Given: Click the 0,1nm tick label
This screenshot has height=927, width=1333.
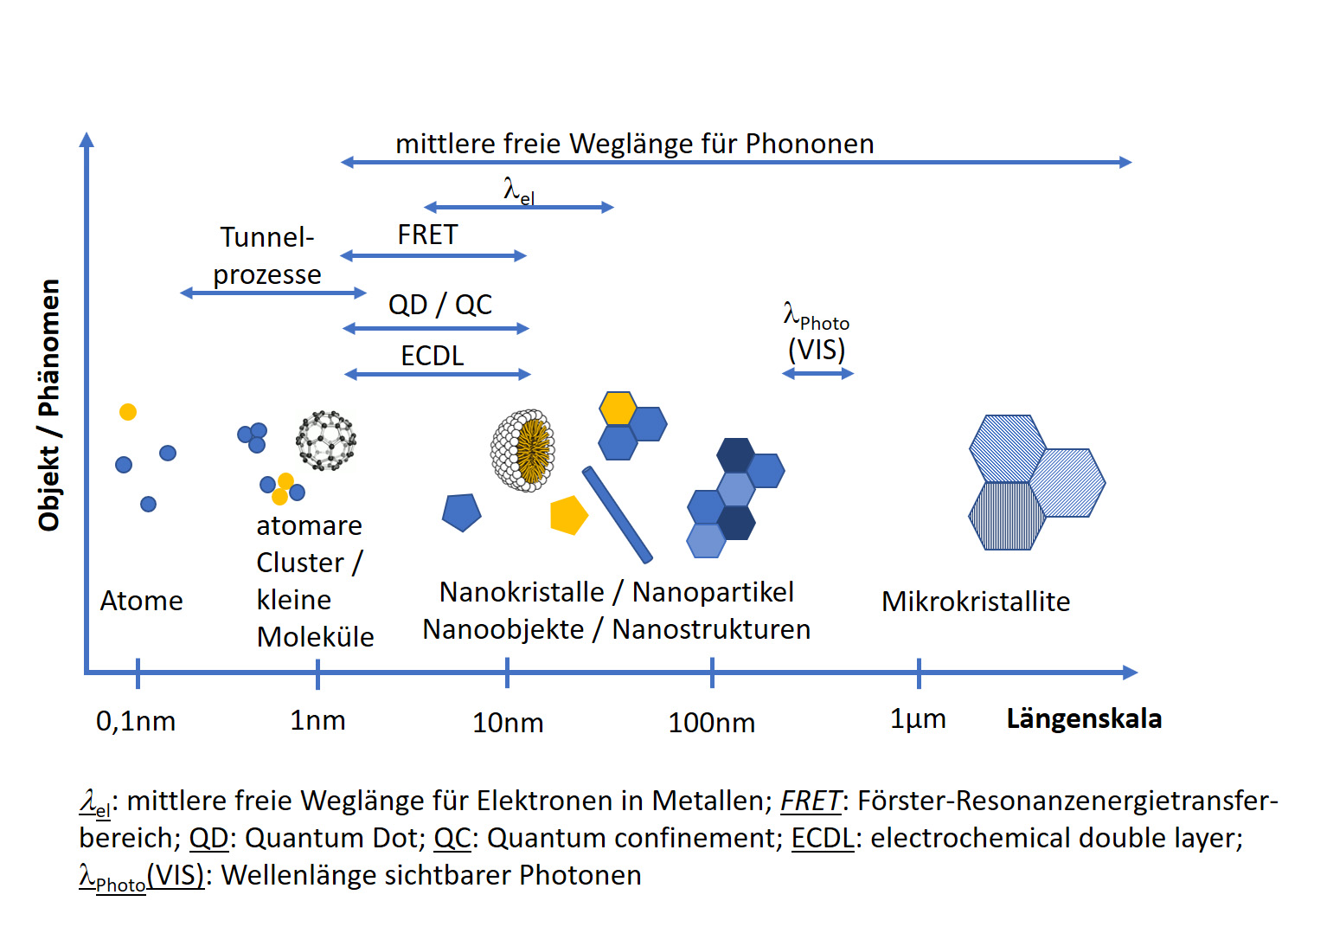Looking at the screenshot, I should [136, 720].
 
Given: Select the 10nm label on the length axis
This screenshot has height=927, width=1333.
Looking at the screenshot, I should [508, 722].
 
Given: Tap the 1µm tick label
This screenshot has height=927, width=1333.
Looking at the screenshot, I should [918, 718].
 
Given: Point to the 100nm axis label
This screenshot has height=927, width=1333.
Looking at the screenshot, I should [711, 722].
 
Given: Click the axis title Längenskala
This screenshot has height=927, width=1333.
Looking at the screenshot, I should [1084, 718].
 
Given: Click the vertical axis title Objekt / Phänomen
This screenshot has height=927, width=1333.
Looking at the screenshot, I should [49, 404].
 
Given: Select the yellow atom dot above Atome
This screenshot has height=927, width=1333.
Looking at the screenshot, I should [128, 412].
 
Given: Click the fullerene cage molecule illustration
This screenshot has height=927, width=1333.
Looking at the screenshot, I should [326, 441].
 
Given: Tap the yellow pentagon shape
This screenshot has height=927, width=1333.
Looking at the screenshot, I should [568, 515].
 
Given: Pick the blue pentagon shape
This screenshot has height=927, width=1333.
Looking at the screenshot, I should [461, 512].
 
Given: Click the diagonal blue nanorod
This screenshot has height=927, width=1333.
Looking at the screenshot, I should [617, 514].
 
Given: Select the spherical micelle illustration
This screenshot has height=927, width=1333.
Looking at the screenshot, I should [522, 450].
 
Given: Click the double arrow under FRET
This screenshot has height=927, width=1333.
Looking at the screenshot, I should [433, 255].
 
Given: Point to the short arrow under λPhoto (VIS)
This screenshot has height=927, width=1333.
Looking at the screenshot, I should [817, 373].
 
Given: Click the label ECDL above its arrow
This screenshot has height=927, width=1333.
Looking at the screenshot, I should [433, 355].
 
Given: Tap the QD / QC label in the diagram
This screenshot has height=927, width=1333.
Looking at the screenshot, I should [439, 305].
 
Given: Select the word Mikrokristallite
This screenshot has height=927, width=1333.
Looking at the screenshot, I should [976, 601].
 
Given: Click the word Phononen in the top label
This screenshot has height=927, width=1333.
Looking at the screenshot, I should [810, 144].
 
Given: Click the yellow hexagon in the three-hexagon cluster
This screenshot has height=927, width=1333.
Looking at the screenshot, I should [618, 409].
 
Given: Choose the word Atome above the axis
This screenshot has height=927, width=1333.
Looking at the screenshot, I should [141, 600].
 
